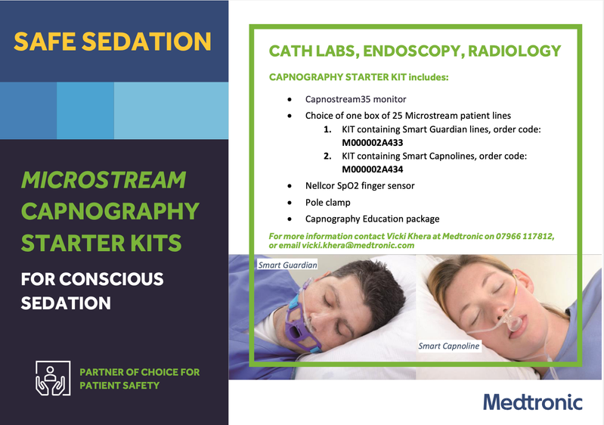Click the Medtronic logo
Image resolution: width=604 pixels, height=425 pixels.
point(533,402)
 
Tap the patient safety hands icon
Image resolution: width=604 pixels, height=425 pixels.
point(53,378)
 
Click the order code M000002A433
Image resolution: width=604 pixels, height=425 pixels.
point(373,143)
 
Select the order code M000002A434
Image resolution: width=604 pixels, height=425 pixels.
point(373,169)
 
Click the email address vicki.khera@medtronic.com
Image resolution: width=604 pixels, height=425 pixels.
point(358,246)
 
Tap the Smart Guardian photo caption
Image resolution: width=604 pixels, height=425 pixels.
point(287,265)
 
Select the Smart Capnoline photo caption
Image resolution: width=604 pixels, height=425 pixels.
point(449,346)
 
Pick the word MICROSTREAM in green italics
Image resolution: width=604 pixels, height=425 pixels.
point(104,180)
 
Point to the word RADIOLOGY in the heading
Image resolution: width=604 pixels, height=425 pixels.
point(514,51)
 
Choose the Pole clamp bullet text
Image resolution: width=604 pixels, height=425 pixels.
point(328,203)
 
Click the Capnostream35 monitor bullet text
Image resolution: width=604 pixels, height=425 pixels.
point(355,99)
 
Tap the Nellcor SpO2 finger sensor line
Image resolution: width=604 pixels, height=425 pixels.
point(360,186)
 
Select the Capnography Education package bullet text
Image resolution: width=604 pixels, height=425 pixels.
point(372,219)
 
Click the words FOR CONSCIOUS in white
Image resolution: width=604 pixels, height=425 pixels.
point(92,279)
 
